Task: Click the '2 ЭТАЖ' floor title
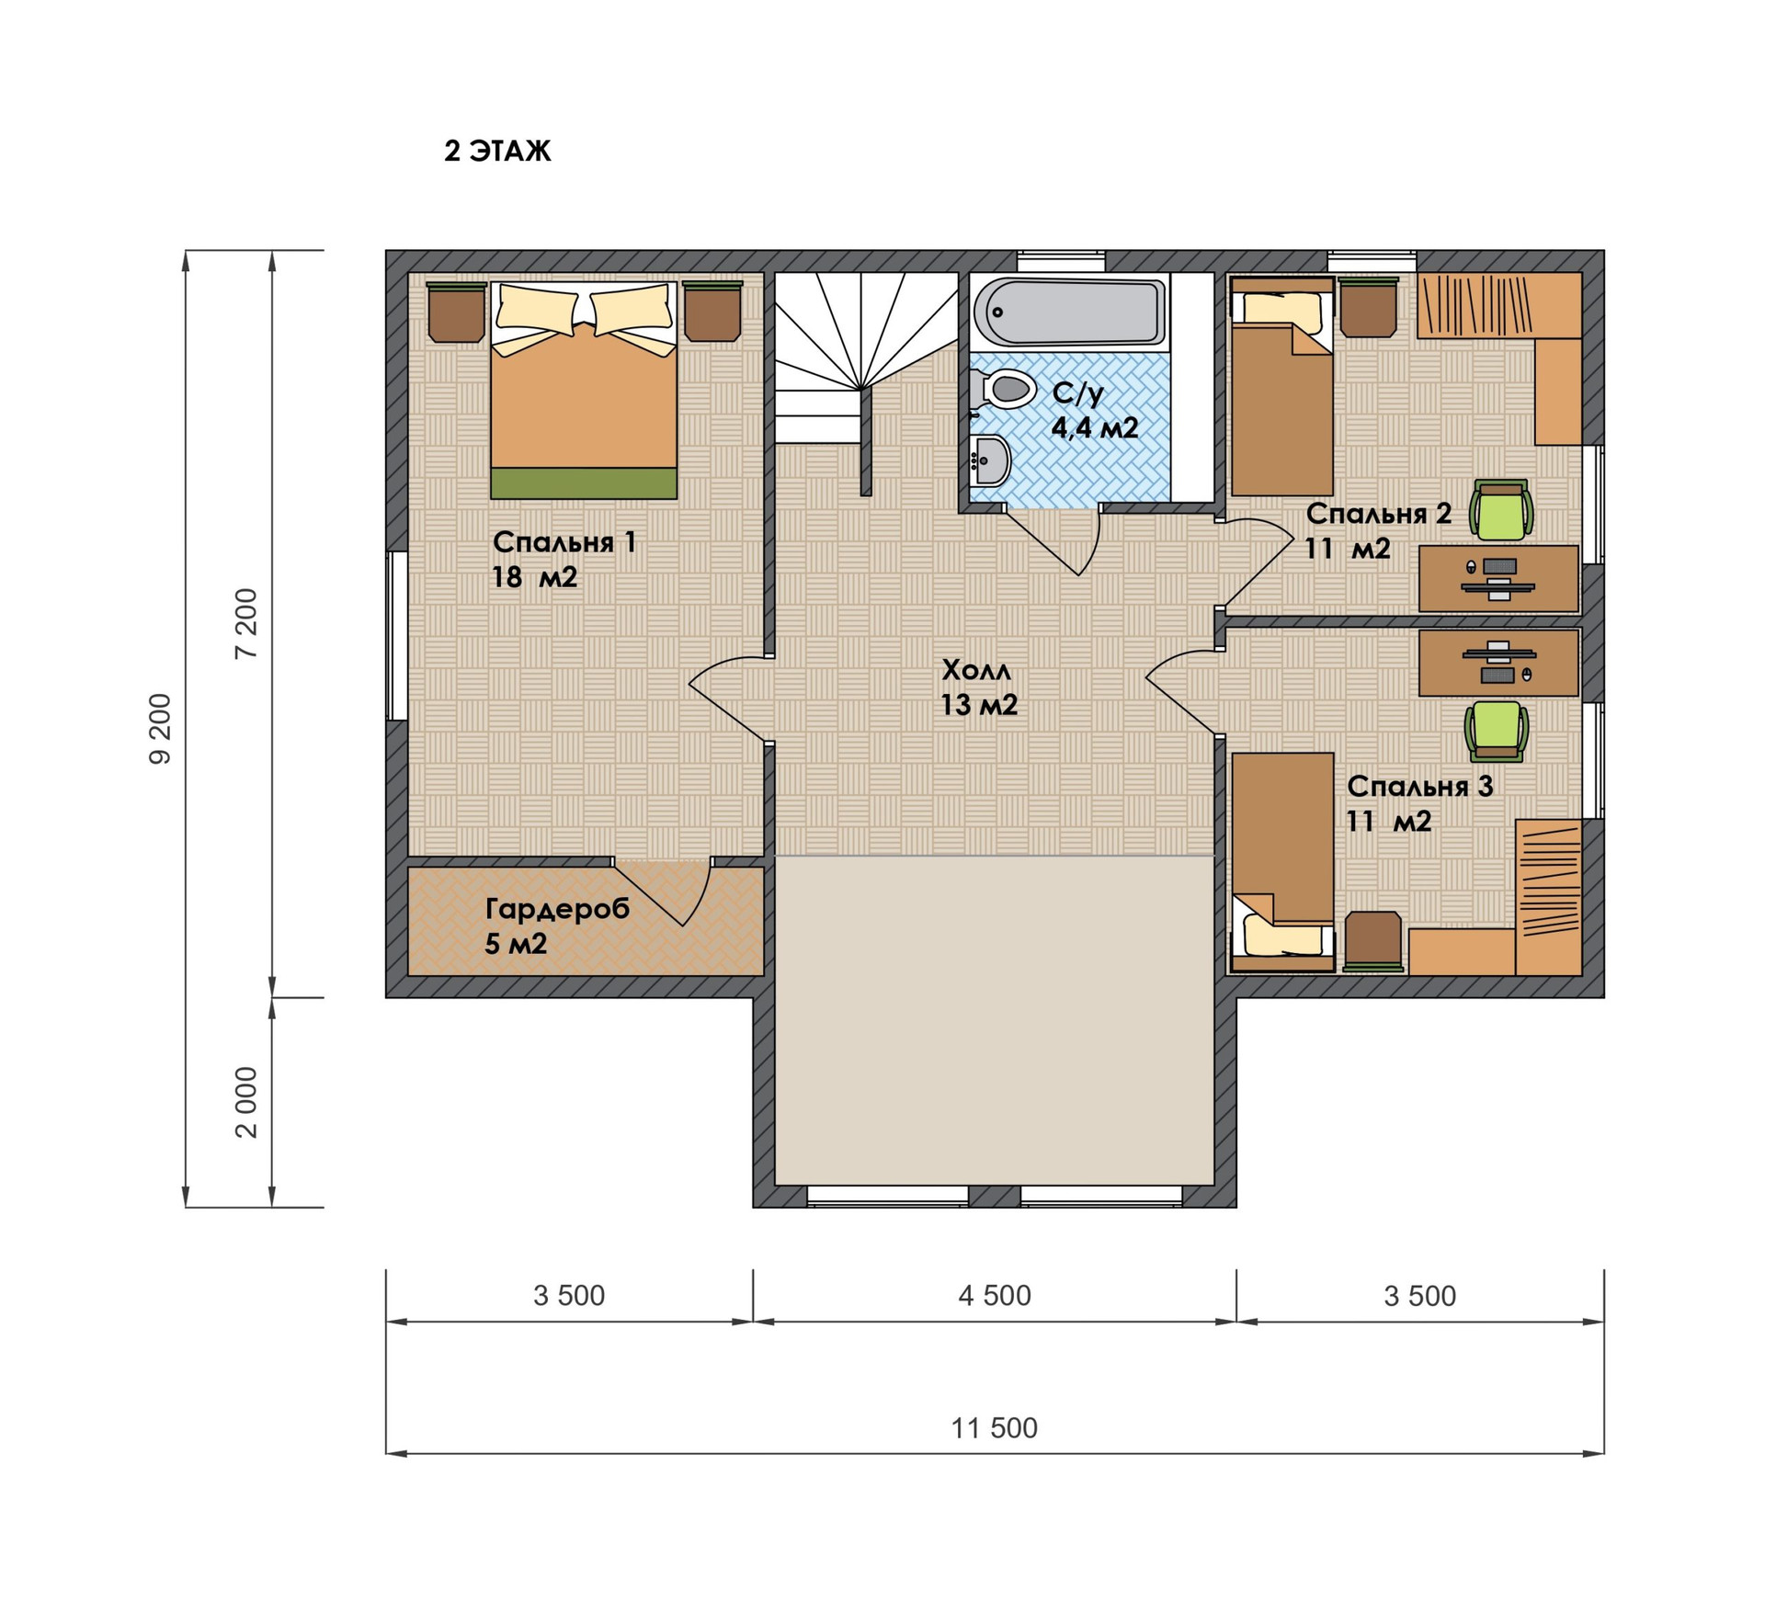pos(497,151)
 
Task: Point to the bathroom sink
pos(990,459)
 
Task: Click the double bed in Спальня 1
pos(584,390)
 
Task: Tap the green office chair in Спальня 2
pos(1500,509)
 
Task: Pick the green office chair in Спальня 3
pos(1496,731)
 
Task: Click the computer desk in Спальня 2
pos(1498,578)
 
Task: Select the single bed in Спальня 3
pos(1282,861)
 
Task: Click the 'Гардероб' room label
pos(557,909)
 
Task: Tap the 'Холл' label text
pos(975,670)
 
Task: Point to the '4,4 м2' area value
pos(1095,427)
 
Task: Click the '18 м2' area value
pos(534,577)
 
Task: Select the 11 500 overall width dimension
pos(994,1427)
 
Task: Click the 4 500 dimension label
pos(994,1295)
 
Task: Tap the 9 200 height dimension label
pos(160,729)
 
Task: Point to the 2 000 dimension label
pos(246,1102)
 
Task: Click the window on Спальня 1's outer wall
pos(397,635)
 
